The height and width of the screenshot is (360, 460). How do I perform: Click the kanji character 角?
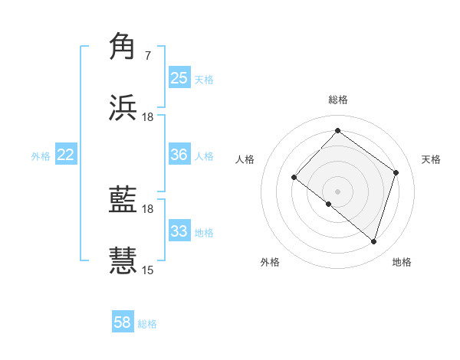pyautogui.click(x=123, y=47)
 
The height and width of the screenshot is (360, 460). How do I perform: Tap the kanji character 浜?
pyautogui.click(x=123, y=108)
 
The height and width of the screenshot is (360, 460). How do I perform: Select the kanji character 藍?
pyautogui.click(x=123, y=201)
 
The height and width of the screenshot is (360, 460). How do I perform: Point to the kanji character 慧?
pyautogui.click(x=123, y=260)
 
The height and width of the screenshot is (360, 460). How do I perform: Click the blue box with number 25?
pyautogui.click(x=179, y=78)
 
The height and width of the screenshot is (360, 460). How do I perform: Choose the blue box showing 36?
pyautogui.click(x=179, y=155)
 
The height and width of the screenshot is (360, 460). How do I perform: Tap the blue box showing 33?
pyautogui.click(x=179, y=231)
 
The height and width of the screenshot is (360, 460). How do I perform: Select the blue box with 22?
pyautogui.click(x=66, y=155)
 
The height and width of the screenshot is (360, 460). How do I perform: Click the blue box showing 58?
pyautogui.click(x=123, y=322)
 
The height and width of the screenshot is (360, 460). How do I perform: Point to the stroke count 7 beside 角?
pyautogui.click(x=147, y=56)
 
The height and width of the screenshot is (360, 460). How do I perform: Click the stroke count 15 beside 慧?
pyautogui.click(x=148, y=270)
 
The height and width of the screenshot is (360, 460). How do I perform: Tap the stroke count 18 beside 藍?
pyautogui.click(x=148, y=208)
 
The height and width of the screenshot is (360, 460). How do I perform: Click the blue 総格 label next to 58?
pyautogui.click(x=147, y=324)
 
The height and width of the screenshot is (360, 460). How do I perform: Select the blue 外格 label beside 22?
pyautogui.click(x=41, y=155)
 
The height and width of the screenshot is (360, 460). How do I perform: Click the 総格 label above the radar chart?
pyautogui.click(x=338, y=100)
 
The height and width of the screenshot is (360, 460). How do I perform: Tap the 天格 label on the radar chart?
pyautogui.click(x=431, y=159)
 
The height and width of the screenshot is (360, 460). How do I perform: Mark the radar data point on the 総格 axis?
pyautogui.click(x=338, y=130)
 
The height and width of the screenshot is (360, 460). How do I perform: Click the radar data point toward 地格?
pyautogui.click(x=373, y=241)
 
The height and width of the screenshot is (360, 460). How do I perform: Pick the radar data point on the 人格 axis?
pyautogui.click(x=294, y=178)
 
